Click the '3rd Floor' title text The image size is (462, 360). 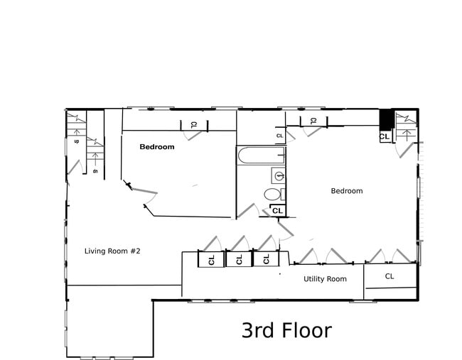click(286, 330)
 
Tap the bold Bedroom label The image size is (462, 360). click(156, 147)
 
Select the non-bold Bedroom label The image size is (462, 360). click(347, 191)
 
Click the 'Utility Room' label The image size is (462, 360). click(325, 279)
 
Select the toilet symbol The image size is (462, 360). click(273, 194)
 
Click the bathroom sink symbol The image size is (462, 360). click(278, 175)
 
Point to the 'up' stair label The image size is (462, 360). click(76, 141)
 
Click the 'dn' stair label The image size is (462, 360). click(95, 170)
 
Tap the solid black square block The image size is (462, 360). click(385, 119)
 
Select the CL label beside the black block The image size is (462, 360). click(385, 136)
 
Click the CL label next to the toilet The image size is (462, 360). click(277, 211)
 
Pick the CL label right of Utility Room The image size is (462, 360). click(390, 276)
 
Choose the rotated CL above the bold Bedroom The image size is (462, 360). click(193, 125)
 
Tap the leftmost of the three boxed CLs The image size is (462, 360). click(212, 260)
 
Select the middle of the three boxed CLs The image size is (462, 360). click(239, 259)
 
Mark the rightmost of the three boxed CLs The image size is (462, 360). click(266, 259)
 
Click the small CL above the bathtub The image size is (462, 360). click(279, 135)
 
